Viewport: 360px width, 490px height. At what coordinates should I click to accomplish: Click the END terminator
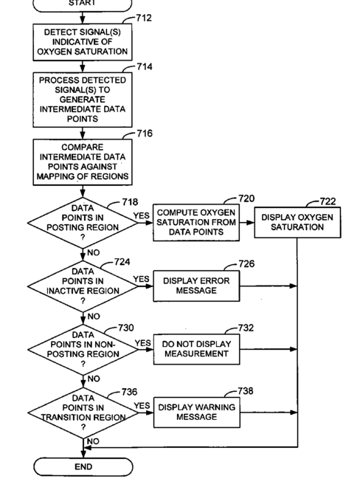tap(83, 466)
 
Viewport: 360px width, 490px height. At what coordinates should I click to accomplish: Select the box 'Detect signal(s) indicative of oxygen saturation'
tap(83, 42)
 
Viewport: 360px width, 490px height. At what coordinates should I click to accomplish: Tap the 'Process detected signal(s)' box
tap(83, 100)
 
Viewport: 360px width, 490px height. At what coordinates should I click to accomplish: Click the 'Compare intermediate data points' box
tap(83, 162)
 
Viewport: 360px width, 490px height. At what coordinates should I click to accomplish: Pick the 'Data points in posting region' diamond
tap(83, 223)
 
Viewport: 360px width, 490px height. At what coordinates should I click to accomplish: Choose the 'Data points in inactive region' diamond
tap(83, 286)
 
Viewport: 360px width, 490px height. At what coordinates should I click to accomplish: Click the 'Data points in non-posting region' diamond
tap(83, 349)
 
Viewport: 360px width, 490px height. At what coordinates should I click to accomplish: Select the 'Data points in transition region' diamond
tap(83, 413)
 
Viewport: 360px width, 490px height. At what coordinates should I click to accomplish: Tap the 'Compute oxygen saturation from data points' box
tap(196, 223)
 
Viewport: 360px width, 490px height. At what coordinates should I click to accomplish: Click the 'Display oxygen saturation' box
tap(297, 222)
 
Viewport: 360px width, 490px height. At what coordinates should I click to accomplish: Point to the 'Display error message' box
tap(196, 286)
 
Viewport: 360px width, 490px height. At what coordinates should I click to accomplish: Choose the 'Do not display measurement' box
tap(196, 349)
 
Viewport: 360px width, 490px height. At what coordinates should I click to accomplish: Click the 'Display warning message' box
tap(197, 413)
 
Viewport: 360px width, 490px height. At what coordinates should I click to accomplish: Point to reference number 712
tap(144, 18)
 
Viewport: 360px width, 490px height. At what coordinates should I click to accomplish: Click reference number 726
tap(246, 263)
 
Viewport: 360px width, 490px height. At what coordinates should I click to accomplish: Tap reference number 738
tap(246, 391)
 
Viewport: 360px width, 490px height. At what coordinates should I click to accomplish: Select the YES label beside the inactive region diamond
tap(141, 279)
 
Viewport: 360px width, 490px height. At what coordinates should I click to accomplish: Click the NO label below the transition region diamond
tap(93, 441)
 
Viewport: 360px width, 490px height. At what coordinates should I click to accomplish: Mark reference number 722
tap(328, 201)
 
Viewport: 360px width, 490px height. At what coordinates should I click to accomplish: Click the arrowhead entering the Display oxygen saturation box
tap(250, 223)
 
